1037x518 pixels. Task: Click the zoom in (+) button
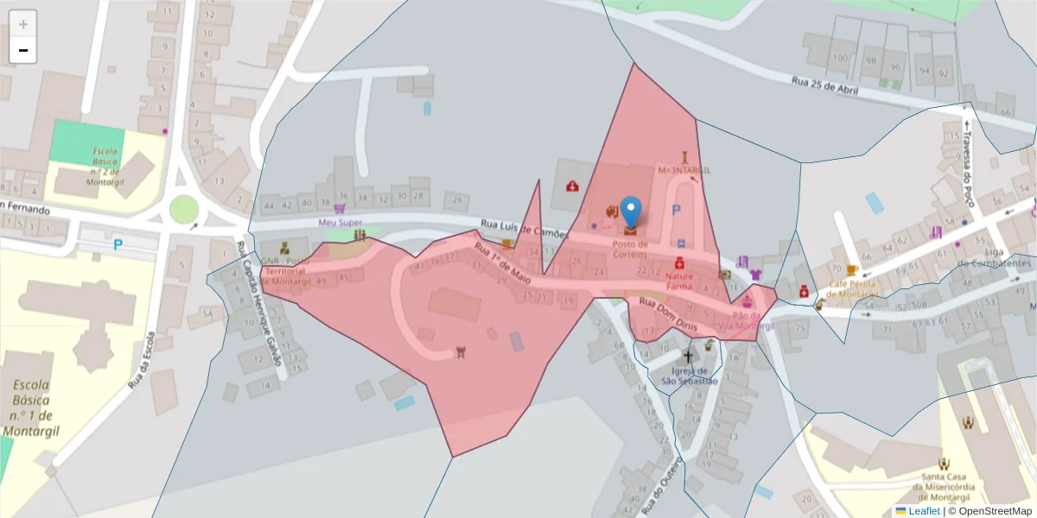22,23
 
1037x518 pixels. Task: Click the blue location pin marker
632,212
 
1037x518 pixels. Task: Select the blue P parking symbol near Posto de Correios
677,210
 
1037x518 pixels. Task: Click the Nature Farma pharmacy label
680,281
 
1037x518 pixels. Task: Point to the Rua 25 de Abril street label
824,87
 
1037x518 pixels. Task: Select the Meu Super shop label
340,222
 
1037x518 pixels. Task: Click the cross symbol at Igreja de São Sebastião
689,357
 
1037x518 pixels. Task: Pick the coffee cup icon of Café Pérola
852,270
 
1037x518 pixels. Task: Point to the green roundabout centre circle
183,209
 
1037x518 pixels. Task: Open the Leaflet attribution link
924,511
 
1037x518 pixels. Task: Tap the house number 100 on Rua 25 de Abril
840,59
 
